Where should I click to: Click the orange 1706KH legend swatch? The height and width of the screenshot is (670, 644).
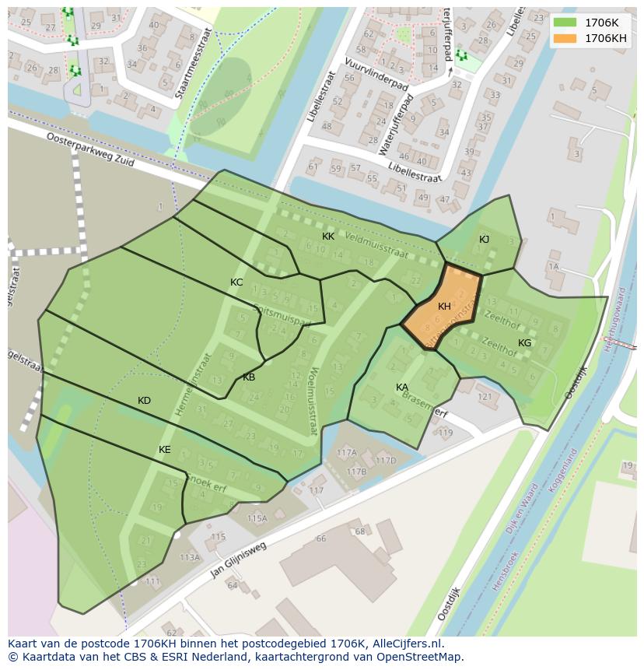pos(565,38)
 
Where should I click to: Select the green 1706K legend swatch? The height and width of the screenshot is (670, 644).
pos(565,23)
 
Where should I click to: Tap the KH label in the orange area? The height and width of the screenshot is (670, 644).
pos(444,307)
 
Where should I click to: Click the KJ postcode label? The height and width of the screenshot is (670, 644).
pos(484,240)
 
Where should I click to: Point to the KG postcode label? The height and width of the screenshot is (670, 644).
pos(525,343)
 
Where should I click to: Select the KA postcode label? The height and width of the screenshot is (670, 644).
pos(402,388)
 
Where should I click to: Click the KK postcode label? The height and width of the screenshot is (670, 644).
pos(328,236)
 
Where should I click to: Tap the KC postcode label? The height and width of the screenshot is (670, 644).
pos(236,282)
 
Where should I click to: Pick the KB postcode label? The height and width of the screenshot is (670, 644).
pos(249,377)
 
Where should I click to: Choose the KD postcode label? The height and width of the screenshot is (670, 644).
pos(144,401)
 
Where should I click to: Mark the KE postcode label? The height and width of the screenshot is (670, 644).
pos(165,450)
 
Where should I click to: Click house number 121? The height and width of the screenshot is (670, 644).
pos(485,397)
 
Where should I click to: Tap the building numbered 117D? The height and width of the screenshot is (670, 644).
pos(386,461)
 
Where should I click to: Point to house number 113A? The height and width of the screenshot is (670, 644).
pos(190,557)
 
